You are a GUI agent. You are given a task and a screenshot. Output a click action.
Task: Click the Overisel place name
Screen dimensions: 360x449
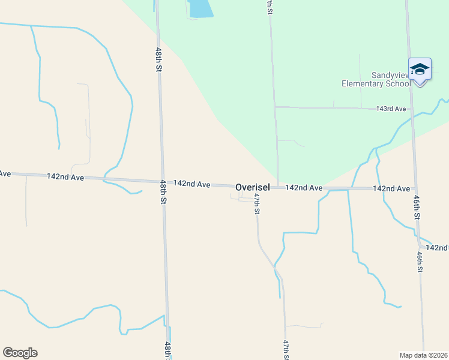(252, 187)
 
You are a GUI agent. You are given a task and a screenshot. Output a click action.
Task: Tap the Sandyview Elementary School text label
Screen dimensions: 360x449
(376, 79)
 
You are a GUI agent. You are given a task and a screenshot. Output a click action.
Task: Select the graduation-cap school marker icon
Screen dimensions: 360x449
(420, 70)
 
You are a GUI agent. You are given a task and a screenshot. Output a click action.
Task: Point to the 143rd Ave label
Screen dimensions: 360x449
(391, 109)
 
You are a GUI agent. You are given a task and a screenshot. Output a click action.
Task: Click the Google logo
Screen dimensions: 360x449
(20, 353)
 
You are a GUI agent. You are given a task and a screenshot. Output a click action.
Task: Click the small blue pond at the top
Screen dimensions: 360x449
(201, 8)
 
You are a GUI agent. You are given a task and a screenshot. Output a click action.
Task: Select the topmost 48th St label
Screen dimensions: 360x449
(159, 60)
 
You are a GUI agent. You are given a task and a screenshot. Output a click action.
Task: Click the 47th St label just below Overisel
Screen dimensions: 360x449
(256, 204)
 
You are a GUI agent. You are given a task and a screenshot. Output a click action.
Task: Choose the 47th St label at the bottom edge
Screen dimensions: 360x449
(286, 350)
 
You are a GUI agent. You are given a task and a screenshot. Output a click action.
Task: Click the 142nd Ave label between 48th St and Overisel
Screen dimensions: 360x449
(191, 184)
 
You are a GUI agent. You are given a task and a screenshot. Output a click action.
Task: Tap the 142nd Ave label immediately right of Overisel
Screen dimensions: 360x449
(304, 188)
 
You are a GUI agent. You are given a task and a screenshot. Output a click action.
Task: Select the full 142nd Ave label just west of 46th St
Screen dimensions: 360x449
(391, 188)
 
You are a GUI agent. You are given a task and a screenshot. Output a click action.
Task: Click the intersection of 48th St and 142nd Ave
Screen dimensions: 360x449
(162, 181)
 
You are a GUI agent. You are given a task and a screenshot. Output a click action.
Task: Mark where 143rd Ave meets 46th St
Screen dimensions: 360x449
(412, 109)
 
